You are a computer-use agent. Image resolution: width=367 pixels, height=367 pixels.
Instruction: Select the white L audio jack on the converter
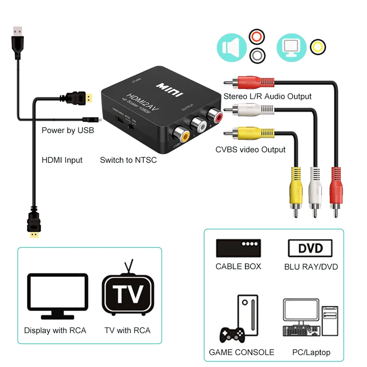point(199,124)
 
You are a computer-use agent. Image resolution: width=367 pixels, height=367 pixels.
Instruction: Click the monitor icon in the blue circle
point(292,47)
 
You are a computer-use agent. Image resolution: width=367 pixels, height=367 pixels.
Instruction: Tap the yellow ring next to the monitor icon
point(317,47)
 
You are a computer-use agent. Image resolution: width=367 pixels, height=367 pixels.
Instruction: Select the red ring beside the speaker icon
point(257,36)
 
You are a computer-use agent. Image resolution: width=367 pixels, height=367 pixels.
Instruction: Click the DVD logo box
point(311,248)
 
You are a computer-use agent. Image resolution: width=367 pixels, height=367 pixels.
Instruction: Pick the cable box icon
point(238,248)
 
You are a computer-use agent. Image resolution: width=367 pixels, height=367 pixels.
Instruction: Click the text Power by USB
point(68,130)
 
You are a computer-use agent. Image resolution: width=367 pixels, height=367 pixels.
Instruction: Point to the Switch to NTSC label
point(128,160)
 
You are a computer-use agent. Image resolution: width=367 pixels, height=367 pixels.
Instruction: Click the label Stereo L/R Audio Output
point(267,96)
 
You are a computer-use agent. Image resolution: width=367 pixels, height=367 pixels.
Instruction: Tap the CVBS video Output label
point(250,150)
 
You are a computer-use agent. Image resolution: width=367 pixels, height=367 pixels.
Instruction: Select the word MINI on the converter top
point(169,89)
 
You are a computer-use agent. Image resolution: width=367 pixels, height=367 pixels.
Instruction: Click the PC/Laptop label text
point(311,352)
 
